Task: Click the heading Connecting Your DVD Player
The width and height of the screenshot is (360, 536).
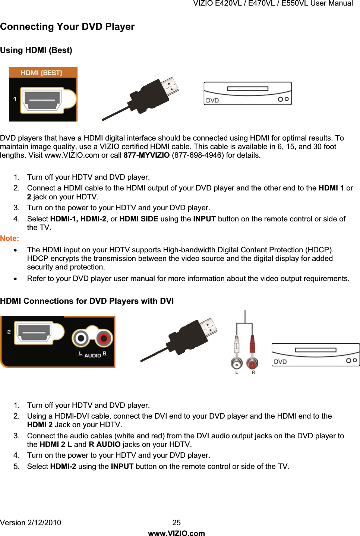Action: click(x=67, y=27)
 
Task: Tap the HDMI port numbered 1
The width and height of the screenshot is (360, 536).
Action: click(x=42, y=100)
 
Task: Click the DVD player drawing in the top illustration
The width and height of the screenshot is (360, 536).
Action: click(x=247, y=94)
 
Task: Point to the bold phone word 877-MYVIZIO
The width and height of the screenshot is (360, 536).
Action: click(x=146, y=155)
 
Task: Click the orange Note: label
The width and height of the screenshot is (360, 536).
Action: click(x=10, y=239)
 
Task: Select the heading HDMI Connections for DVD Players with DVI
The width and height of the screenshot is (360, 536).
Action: click(x=87, y=301)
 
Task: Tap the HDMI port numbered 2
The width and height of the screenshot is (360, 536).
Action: click(x=35, y=332)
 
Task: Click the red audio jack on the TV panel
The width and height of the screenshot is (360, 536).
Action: click(x=104, y=338)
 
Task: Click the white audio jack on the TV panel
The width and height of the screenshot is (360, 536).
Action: click(x=80, y=338)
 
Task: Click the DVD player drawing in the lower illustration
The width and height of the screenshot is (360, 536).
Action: click(x=315, y=354)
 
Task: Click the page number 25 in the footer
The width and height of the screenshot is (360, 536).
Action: click(x=177, y=523)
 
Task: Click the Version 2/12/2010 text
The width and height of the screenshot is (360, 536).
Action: click(x=31, y=523)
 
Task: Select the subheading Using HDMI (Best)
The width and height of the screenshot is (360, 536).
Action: click(x=36, y=50)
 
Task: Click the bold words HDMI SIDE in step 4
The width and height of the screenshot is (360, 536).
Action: click(x=139, y=219)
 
